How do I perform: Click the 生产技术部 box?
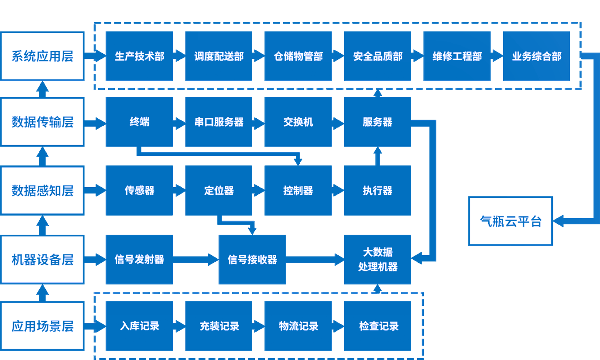point(139,56)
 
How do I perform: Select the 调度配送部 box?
point(219,56)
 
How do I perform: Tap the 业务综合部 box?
point(536,56)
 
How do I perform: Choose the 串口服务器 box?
point(219,122)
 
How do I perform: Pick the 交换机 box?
point(298,122)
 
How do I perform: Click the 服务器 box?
point(377,122)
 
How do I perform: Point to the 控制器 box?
point(298,190)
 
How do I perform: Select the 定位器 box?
point(219,190)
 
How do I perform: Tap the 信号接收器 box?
point(252,260)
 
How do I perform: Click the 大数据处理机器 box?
point(377,260)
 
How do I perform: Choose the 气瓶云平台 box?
point(511,221)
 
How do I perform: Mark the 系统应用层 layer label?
point(42,56)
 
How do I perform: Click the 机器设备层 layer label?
point(42,260)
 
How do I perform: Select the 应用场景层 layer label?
point(42,326)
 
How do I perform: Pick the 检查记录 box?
point(377,326)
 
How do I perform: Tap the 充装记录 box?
point(219,326)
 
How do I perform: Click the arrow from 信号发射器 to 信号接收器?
point(195,260)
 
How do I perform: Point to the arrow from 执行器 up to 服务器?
point(377,156)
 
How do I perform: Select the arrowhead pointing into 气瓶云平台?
point(560,221)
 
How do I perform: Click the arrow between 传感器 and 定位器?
point(179,190)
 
